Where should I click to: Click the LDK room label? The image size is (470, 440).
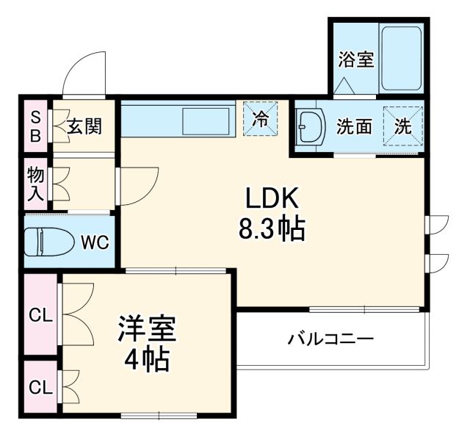[270, 199]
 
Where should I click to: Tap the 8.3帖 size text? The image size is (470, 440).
[271, 231]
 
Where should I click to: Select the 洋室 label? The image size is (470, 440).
[147, 329]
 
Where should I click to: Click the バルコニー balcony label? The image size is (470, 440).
[330, 339]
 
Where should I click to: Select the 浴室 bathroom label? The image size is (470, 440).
[356, 59]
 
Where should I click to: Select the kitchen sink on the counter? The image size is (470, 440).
[205, 119]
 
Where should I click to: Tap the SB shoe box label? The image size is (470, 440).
[34, 126]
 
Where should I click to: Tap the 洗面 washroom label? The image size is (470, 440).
[354, 126]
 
